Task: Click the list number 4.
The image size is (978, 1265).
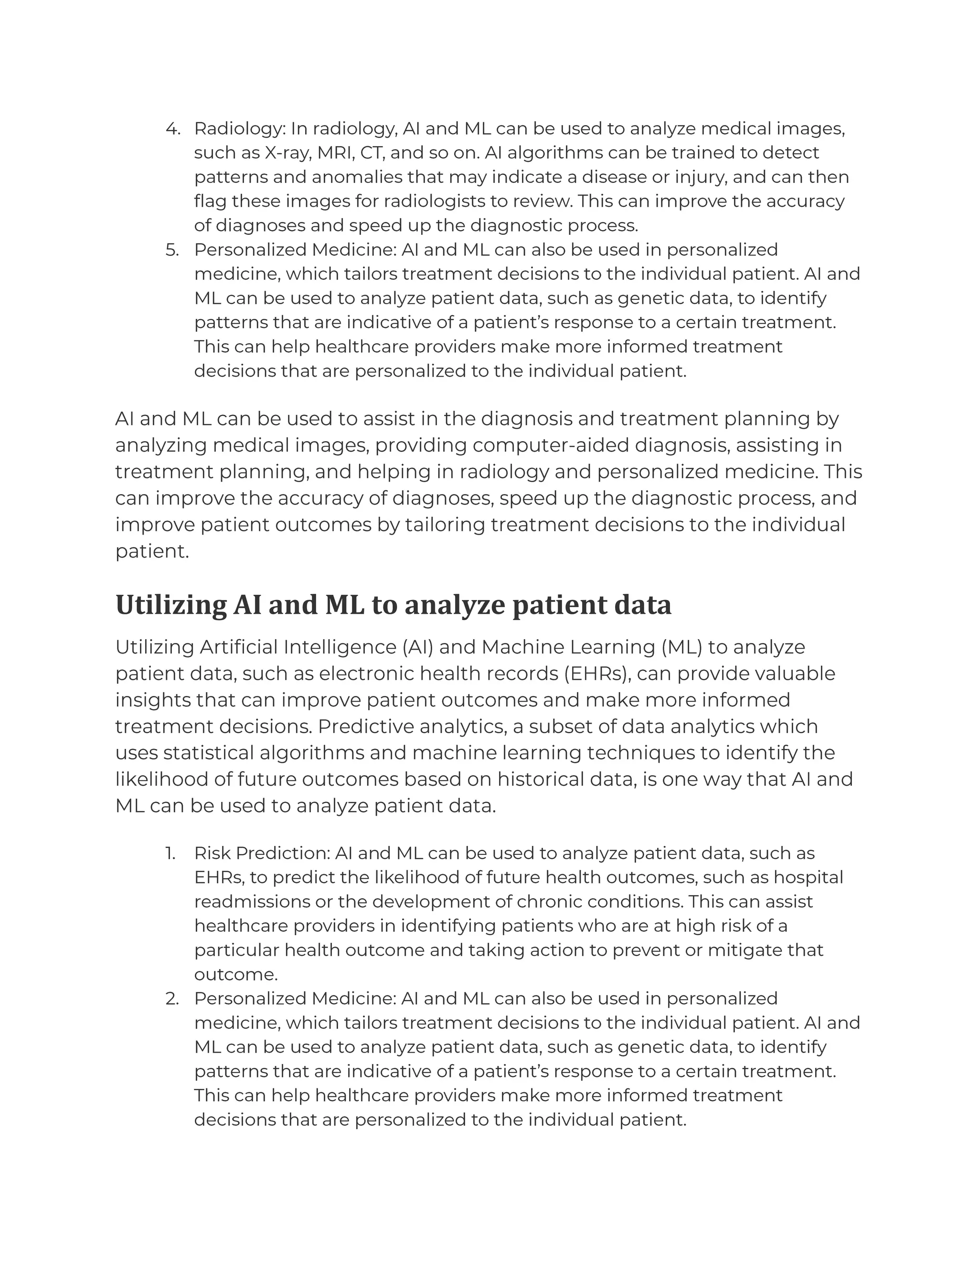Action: tap(172, 128)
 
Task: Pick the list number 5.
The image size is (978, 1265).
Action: tap(172, 250)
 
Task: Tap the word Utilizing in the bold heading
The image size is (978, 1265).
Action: tap(171, 605)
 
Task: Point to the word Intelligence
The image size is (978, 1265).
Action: tap(341, 647)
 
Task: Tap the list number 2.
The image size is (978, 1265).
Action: tap(171, 999)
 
